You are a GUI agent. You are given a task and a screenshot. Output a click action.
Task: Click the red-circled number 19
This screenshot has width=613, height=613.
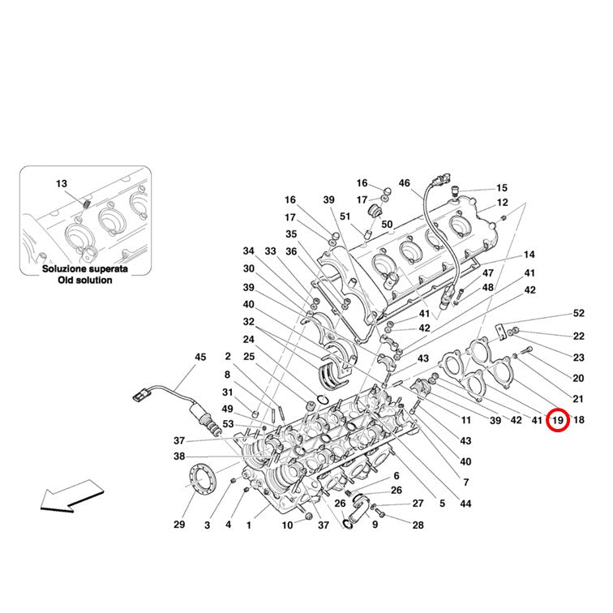[x=558, y=420]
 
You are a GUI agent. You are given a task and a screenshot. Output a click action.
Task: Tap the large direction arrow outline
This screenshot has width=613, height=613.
[x=71, y=495]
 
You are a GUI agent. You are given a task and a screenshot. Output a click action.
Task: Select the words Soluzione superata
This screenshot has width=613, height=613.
[x=85, y=269]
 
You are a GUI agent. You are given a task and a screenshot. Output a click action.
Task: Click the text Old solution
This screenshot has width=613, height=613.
[x=85, y=281]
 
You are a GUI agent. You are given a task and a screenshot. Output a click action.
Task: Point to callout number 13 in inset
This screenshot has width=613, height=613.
[x=62, y=183]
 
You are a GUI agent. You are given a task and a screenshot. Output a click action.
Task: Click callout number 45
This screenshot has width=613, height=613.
[x=200, y=357]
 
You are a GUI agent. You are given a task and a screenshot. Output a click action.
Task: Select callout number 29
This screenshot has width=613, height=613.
[x=179, y=525]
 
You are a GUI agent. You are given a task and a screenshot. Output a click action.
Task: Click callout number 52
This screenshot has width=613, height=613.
[x=579, y=313]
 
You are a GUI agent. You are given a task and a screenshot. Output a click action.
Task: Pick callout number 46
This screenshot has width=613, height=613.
[x=405, y=183]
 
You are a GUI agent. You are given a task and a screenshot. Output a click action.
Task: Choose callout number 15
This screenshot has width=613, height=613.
[x=502, y=188]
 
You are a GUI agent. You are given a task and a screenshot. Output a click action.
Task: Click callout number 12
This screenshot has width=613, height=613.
[x=503, y=203]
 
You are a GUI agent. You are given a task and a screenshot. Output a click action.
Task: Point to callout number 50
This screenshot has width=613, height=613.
[x=387, y=225]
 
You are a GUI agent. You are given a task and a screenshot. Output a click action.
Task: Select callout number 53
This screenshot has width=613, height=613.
[x=228, y=424]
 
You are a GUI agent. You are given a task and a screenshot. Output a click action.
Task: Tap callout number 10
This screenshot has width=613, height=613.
[x=287, y=525]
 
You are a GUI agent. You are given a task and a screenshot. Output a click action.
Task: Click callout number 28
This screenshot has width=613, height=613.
[x=418, y=525]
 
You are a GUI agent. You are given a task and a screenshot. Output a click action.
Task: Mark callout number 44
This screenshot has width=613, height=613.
[x=465, y=504]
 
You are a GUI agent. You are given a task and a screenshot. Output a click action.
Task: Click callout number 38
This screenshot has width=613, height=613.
[x=179, y=457]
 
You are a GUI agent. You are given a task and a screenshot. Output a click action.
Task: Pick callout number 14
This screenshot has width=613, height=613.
[x=529, y=255]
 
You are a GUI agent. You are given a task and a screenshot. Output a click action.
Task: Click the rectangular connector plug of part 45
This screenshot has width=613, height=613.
[x=139, y=394]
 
